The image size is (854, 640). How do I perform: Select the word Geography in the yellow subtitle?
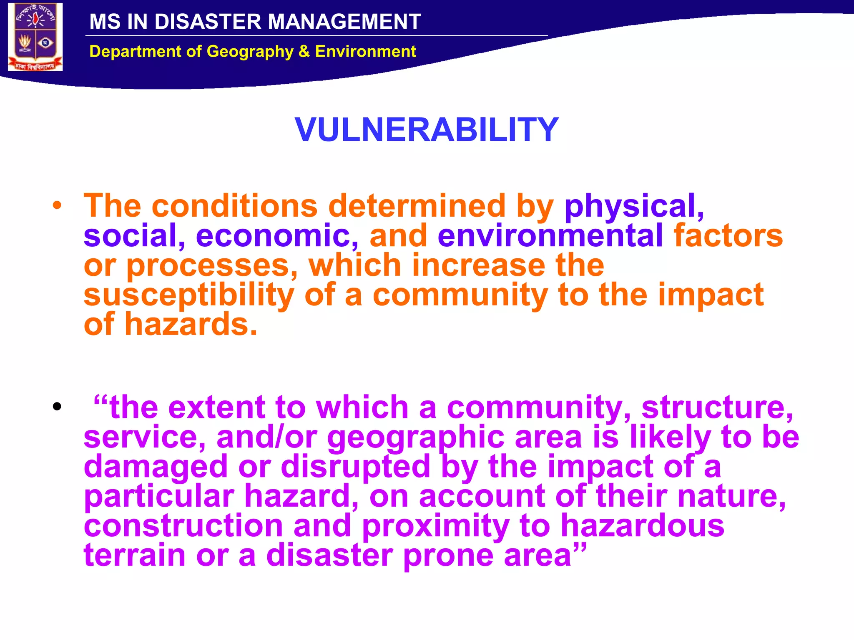250,52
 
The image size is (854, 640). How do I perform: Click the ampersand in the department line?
304,52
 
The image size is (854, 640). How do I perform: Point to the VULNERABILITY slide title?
426,130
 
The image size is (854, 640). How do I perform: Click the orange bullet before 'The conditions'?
57,205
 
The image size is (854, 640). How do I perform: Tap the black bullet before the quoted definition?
57,406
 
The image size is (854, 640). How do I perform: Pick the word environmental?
550,235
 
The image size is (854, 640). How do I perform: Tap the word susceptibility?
188,295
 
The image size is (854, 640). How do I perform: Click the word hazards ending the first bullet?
191,325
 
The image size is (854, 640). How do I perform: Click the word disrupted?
355,467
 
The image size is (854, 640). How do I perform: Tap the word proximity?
435,526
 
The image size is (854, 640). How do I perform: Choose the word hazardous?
642,526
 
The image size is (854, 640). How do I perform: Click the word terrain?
134,555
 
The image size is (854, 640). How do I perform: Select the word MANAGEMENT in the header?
344,22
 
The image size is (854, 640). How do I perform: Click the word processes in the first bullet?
212,265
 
